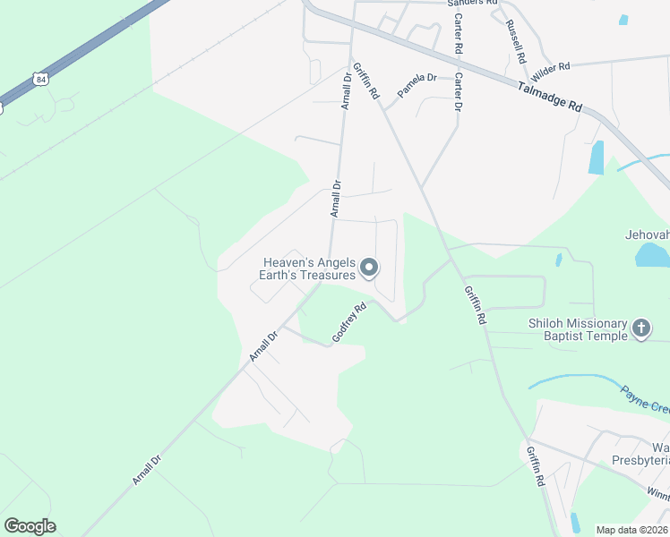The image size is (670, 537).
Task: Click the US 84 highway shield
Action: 39,80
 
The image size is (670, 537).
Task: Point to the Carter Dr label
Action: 458,92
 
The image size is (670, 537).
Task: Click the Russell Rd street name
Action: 515,40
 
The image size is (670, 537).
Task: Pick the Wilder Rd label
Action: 551,67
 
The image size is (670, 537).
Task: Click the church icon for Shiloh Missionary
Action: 641,328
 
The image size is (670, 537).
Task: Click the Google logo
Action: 30,526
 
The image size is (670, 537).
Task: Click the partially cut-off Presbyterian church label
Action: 659,454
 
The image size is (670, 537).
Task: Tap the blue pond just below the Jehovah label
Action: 651,255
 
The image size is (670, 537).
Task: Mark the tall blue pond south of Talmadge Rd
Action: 596,158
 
